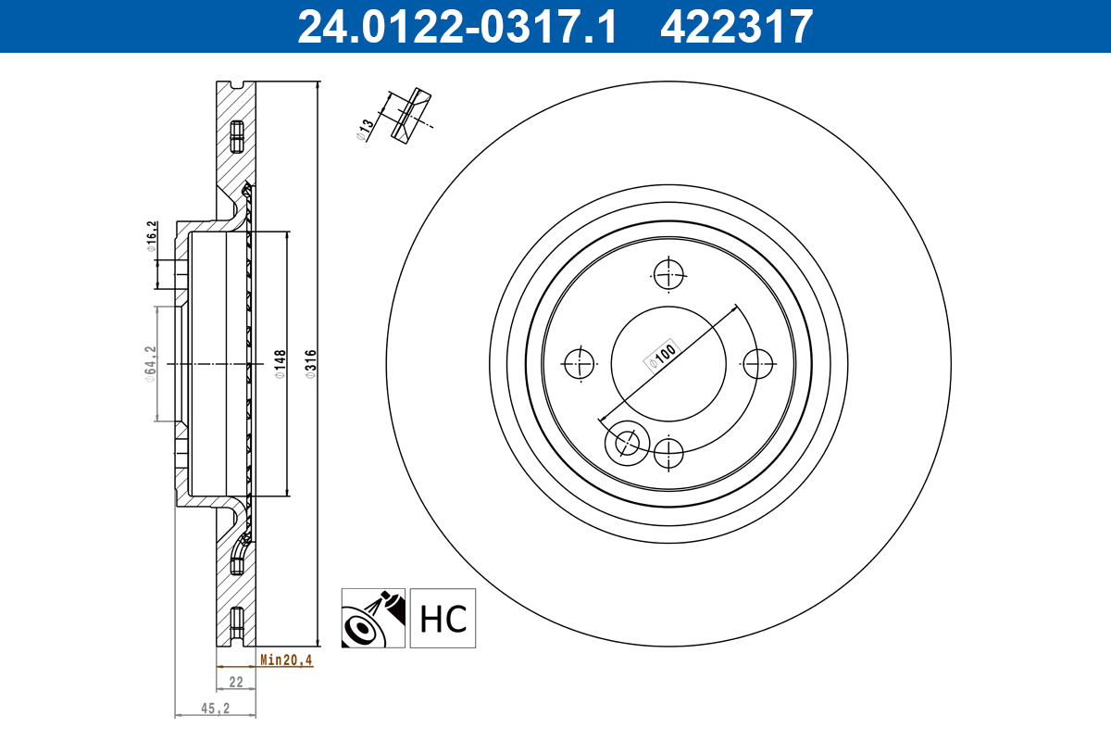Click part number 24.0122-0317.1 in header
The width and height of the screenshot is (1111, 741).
[456, 26]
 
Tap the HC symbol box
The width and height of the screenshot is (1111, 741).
[443, 619]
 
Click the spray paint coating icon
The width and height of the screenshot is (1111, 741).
[373, 619]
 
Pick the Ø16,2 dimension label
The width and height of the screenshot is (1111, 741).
[151, 235]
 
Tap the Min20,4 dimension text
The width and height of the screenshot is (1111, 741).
[286, 660]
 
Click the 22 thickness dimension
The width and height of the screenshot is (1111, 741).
[235, 682]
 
